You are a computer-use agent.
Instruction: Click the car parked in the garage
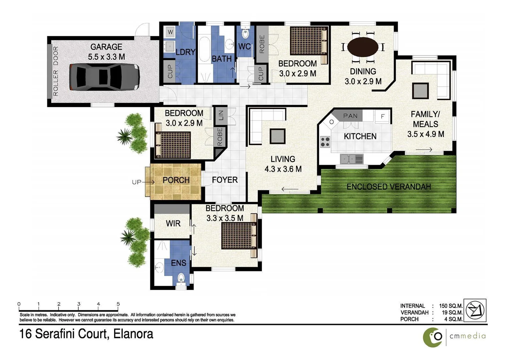tap(104, 77)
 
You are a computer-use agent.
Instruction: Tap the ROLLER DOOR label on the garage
tap(55, 71)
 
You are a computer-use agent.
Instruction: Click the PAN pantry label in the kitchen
tap(350, 116)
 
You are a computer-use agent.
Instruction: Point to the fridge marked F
tap(382, 116)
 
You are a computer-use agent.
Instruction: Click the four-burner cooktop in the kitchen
tap(325, 142)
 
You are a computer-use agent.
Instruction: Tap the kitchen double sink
tap(352, 159)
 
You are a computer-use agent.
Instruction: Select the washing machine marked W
tap(170, 32)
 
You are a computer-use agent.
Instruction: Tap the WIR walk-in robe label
tap(173, 224)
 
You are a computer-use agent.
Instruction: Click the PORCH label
tap(176, 180)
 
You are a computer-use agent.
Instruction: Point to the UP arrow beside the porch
tap(143, 182)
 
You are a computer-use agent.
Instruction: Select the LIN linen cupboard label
tap(220, 115)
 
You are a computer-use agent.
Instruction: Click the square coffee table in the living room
tap(277, 136)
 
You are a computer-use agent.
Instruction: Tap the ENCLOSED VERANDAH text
tap(388, 187)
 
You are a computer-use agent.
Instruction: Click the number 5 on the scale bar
tap(118, 304)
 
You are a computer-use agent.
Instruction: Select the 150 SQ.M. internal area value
tap(451, 306)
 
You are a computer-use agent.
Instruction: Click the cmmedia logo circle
tap(433, 337)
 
